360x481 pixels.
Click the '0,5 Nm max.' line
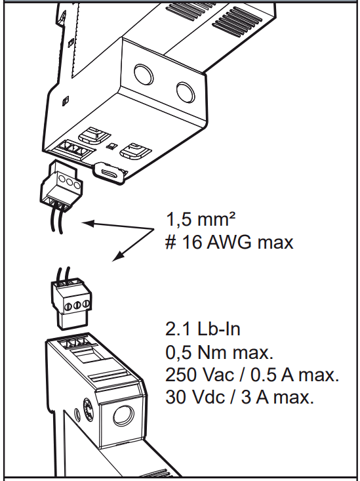tap(220, 352)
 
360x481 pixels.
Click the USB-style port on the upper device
tap(110, 173)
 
